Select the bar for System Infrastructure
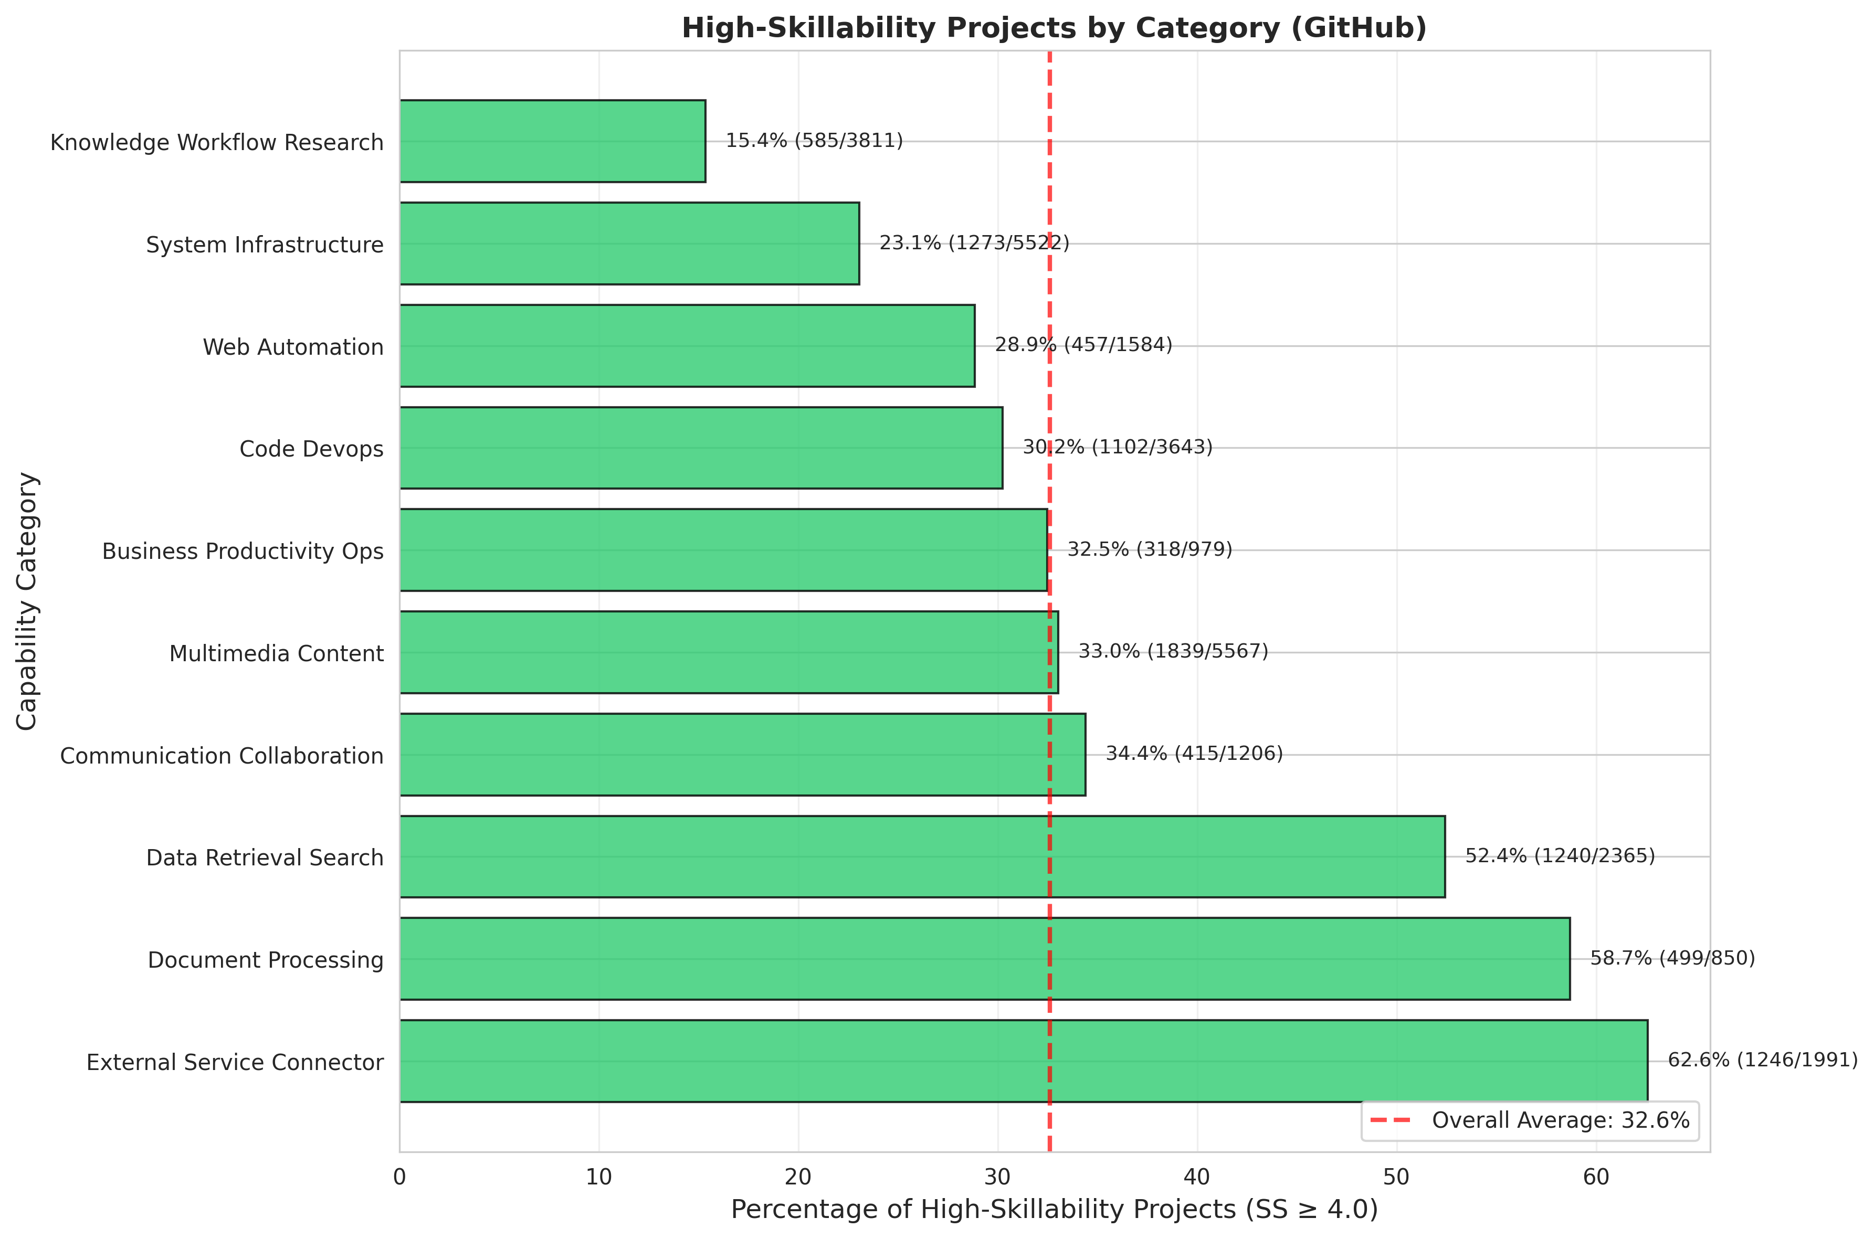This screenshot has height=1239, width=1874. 629,243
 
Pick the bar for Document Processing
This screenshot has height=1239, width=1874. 984,958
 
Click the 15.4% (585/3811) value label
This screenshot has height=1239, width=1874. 814,141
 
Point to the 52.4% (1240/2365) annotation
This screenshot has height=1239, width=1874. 1560,856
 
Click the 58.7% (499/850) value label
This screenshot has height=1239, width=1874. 1672,958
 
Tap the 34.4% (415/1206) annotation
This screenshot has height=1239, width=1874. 1194,754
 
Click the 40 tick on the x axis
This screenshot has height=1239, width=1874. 1197,1178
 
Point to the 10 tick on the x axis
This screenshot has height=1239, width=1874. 599,1178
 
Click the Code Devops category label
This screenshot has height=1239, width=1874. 311,449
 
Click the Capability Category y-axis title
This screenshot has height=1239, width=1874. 27,600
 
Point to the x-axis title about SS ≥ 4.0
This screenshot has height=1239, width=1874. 1054,1210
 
